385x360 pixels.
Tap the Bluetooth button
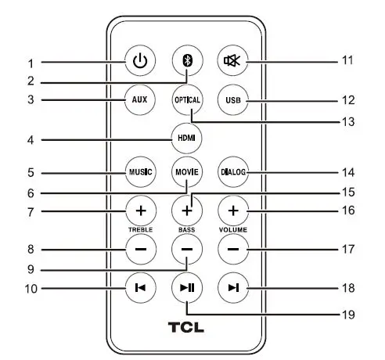click(x=187, y=61)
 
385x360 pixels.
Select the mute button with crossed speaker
click(x=233, y=61)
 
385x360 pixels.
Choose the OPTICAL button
click(x=187, y=100)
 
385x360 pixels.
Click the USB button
click(x=233, y=100)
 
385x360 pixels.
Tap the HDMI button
click(x=187, y=139)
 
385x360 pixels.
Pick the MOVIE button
click(x=187, y=171)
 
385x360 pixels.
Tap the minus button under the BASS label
click(x=187, y=250)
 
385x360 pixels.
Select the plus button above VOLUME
click(x=233, y=211)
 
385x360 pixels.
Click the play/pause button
click(x=187, y=289)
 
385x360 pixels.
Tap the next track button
click(x=233, y=289)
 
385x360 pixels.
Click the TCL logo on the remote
click(x=186, y=326)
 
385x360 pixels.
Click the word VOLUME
click(x=233, y=230)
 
